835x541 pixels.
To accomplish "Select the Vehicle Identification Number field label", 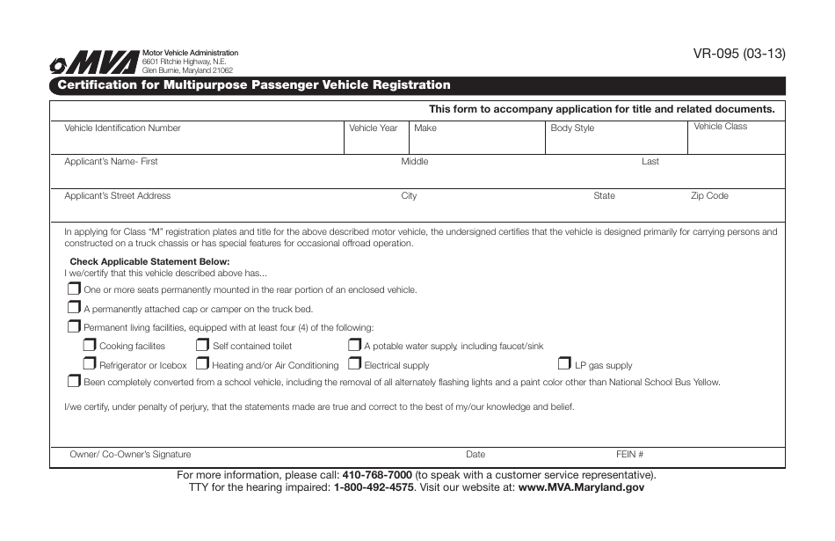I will pyautogui.click(x=122, y=128).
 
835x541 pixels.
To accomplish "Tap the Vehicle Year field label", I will pyautogui.click(x=373, y=128).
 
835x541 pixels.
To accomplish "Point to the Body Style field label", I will pyautogui.click(x=572, y=128).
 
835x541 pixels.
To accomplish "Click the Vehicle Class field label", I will pyautogui.click(x=720, y=127).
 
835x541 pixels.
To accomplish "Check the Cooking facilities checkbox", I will pyautogui.click(x=90, y=346).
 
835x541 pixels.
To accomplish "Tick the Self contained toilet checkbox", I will pyautogui.click(x=203, y=346).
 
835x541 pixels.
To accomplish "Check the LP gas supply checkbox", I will pyautogui.click(x=565, y=364).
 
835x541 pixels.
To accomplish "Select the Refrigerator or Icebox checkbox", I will pyautogui.click(x=90, y=364).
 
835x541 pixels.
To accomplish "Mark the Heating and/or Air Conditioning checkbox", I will pyautogui.click(x=203, y=364).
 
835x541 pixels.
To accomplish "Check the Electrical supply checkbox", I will pyautogui.click(x=355, y=364).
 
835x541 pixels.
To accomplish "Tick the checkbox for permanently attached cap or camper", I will pyautogui.click(x=74, y=308).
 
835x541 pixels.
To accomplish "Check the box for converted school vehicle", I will pyautogui.click(x=74, y=382).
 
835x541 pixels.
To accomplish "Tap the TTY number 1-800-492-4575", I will pyautogui.click(x=374, y=487).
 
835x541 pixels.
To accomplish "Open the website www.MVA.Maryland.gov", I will pyautogui.click(x=581, y=487).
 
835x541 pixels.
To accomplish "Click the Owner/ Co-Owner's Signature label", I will pyautogui.click(x=130, y=455).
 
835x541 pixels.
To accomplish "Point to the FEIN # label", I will pyautogui.click(x=629, y=455).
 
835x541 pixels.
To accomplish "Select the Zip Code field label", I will pyautogui.click(x=709, y=196).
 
